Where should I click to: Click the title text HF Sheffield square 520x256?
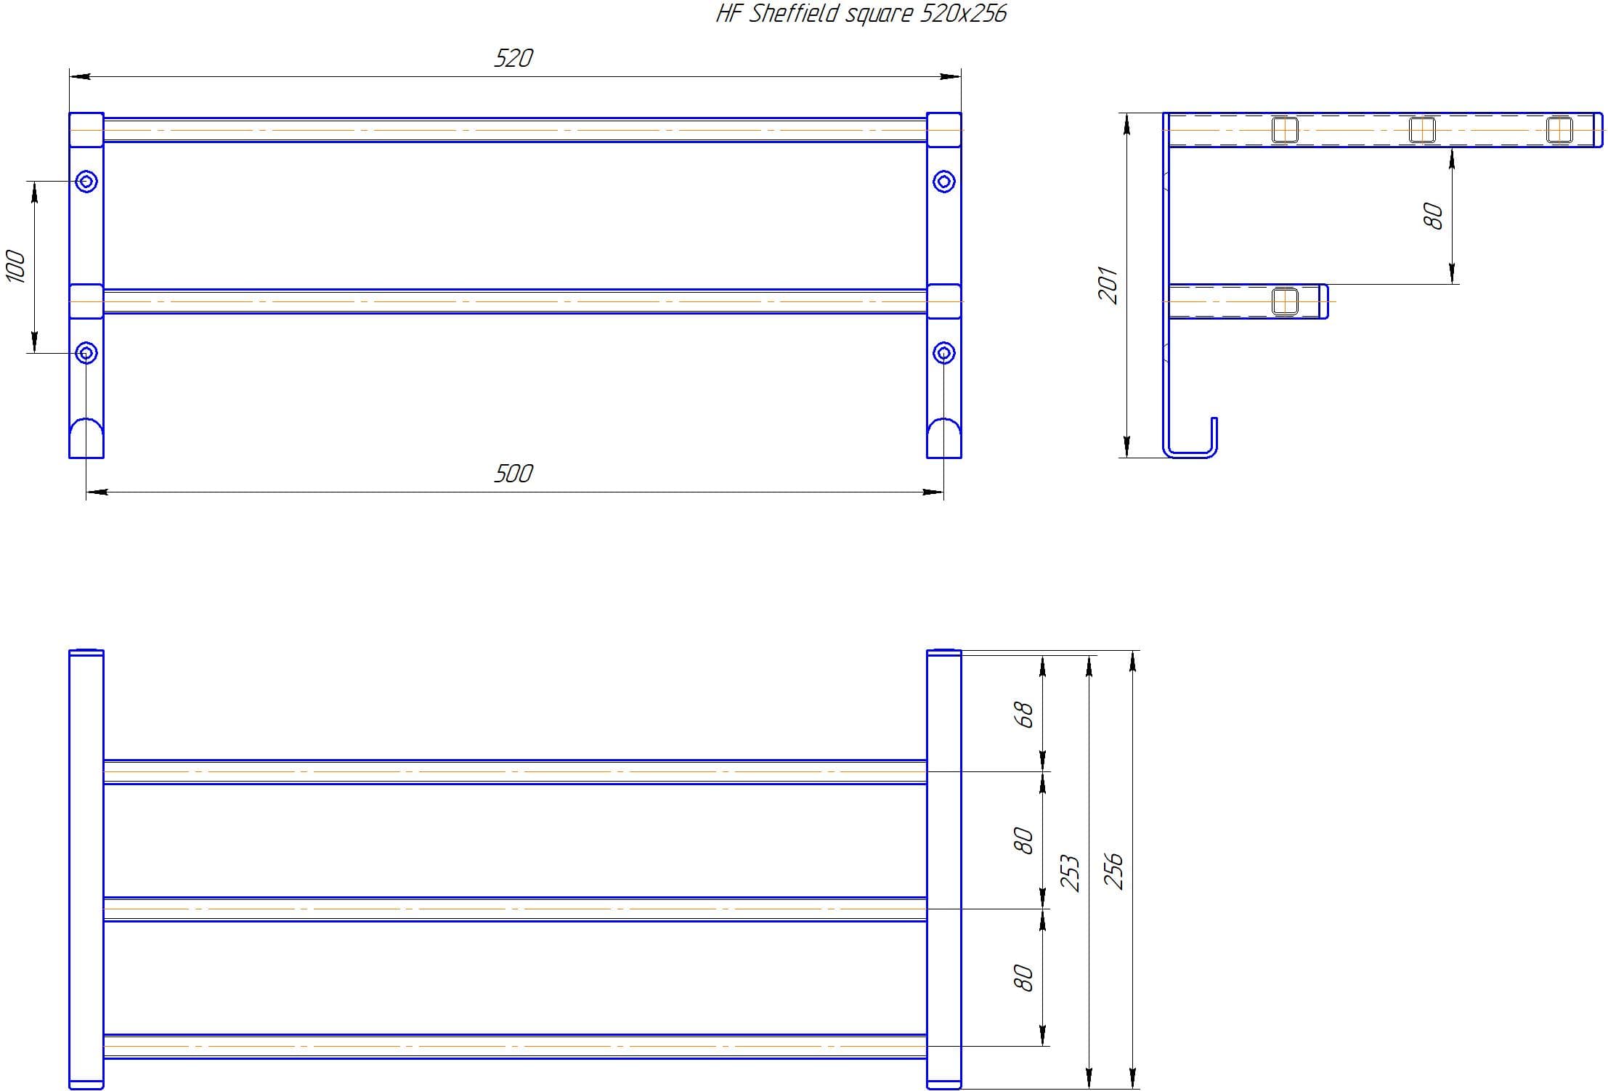click(861, 14)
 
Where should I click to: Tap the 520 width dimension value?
click(513, 58)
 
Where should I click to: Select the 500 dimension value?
click(513, 474)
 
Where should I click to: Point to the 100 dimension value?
click(16, 266)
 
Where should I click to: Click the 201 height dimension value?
click(1108, 284)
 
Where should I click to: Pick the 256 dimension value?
click(1113, 871)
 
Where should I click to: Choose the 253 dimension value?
click(1071, 873)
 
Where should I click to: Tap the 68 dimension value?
click(1023, 715)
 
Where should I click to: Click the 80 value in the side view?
click(1433, 216)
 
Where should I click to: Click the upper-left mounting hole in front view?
click(86, 181)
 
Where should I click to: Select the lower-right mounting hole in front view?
click(943, 353)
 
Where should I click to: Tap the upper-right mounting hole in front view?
click(943, 181)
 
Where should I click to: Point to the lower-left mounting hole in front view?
click(86, 353)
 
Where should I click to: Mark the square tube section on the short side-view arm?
click(1285, 301)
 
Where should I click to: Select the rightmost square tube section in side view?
click(1559, 130)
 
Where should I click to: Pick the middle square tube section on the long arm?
click(1422, 130)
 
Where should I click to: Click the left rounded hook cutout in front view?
click(86, 438)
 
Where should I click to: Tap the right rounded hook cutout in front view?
click(944, 438)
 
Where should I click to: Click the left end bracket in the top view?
click(86, 869)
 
